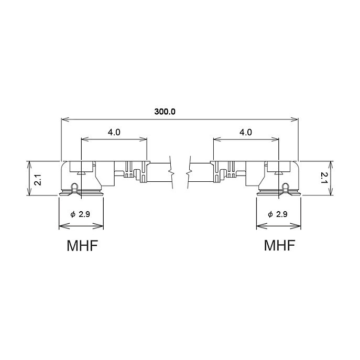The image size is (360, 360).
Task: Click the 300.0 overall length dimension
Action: [x=165, y=112]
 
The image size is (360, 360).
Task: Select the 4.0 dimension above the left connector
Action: [x=114, y=132]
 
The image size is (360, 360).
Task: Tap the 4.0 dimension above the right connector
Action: [x=246, y=132]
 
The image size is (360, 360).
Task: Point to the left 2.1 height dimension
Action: [x=38, y=180]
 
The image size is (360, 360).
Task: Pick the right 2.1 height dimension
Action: [x=324, y=178]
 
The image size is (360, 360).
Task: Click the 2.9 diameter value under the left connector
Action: [x=84, y=214]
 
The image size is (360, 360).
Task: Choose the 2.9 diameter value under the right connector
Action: [x=282, y=214]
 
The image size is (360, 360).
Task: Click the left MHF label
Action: [x=82, y=245]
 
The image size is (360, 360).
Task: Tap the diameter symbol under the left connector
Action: [x=73, y=215]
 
